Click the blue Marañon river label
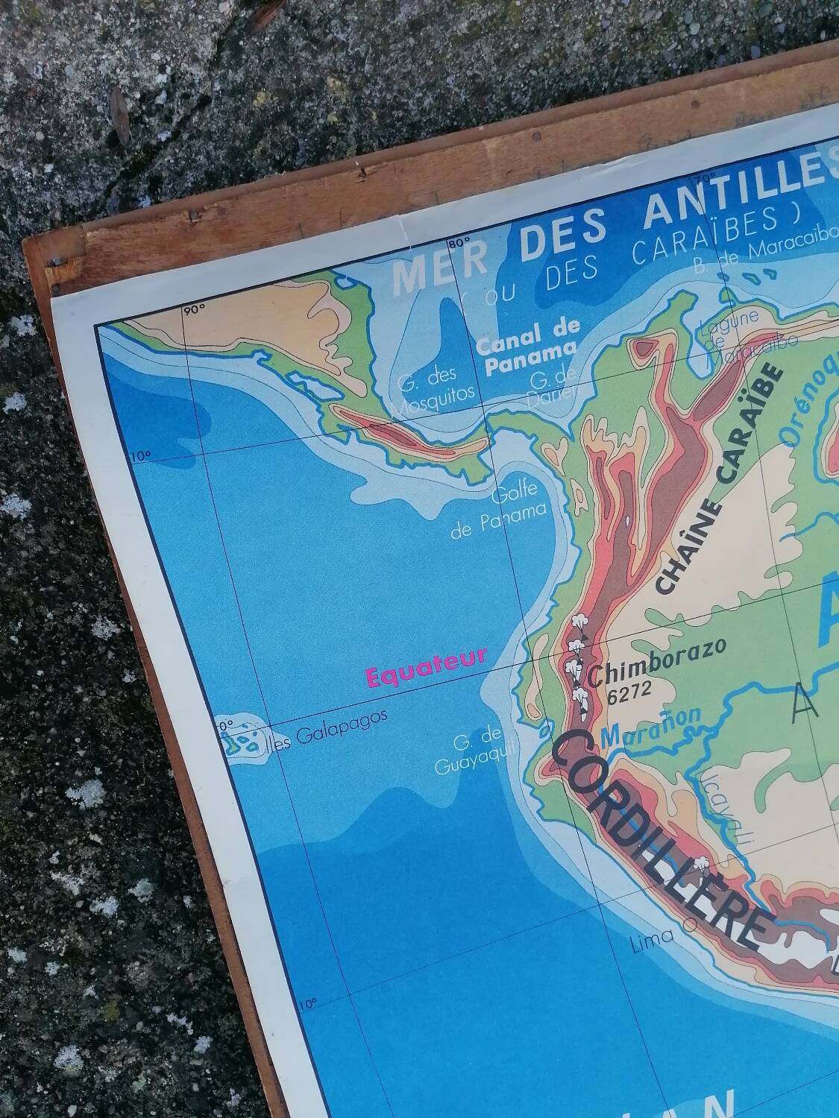pyautogui.click(x=650, y=727)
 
